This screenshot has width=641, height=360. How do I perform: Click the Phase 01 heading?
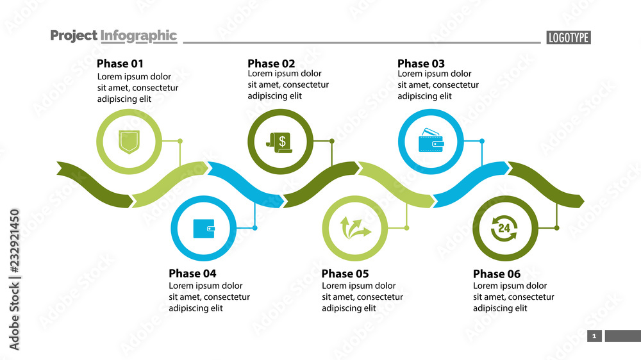[x=120, y=63]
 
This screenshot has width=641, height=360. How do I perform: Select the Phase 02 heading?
[x=271, y=63]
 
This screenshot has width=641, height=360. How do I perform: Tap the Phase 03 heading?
[x=421, y=63]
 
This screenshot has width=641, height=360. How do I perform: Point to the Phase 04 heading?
[x=192, y=274]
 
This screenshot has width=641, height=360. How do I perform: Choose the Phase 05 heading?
[x=345, y=274]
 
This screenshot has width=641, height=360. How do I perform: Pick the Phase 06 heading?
[x=497, y=274]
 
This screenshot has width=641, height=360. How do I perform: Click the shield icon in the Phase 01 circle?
[x=129, y=142]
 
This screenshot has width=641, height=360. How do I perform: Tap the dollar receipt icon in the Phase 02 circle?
[x=280, y=142]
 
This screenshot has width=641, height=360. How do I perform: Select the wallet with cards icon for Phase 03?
[x=431, y=142]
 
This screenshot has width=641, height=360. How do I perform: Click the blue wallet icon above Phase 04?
[x=204, y=228]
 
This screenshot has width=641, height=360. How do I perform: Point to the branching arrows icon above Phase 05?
[x=355, y=228]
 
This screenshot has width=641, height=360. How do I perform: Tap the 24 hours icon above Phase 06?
[x=505, y=228]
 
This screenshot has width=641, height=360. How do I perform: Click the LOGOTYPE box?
[x=569, y=38]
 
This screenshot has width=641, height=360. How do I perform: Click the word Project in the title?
[x=74, y=36]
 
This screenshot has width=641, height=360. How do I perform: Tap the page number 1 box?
[x=594, y=336]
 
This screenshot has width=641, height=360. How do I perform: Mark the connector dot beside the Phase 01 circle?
[x=180, y=141]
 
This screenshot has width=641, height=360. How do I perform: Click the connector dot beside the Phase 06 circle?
[x=556, y=228]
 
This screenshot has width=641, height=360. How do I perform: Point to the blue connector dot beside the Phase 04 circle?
[x=255, y=228]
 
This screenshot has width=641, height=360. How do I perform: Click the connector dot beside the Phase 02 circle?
[x=332, y=141]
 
